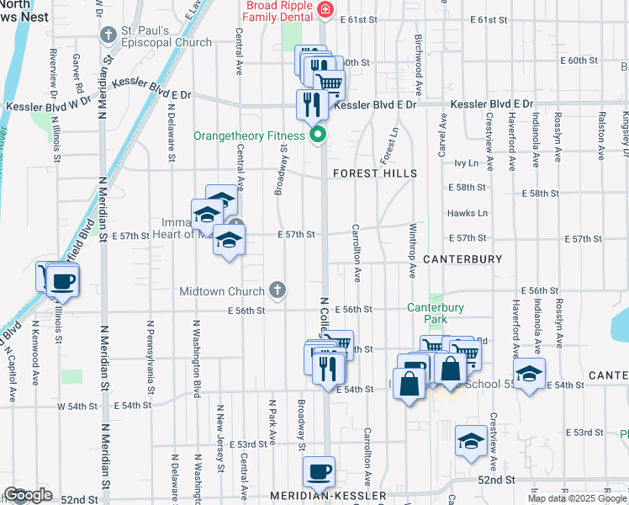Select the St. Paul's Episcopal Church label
coord(166,35)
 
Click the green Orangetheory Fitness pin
coord(318,135)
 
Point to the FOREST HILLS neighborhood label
coord(375,173)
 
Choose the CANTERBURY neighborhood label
coord(462,259)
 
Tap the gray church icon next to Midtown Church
coord(277,291)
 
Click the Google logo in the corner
coord(28,495)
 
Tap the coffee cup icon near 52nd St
coord(318,472)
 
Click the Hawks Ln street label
coord(469,213)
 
